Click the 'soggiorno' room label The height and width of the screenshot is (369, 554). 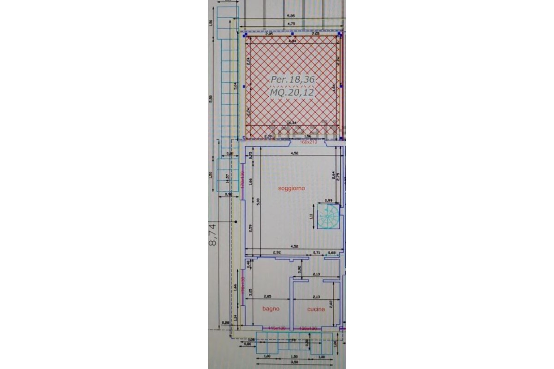point(291,189)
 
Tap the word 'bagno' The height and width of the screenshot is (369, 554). point(271,309)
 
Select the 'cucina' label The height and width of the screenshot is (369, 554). point(316,309)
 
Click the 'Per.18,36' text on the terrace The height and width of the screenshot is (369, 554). point(293,80)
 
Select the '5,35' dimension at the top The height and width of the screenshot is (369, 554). point(291,16)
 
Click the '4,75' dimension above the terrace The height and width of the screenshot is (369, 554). point(291,23)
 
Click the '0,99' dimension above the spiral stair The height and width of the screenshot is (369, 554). point(329,200)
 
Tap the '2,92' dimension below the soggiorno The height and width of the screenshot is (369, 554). point(277,252)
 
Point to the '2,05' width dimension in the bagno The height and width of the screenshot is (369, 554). point(267,297)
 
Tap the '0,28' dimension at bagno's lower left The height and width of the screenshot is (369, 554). point(226,322)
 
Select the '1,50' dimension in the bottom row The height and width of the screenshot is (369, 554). point(294,357)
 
